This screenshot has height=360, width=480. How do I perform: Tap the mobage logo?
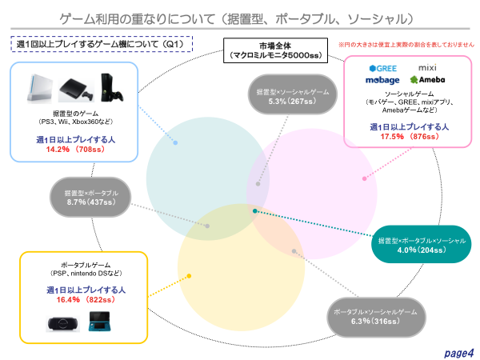[378, 80]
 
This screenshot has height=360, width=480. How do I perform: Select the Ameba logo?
[426, 80]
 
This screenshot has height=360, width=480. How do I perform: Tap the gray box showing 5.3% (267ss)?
[289, 97]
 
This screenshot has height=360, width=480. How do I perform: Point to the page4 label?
[460, 350]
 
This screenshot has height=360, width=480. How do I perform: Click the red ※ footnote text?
[406, 45]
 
